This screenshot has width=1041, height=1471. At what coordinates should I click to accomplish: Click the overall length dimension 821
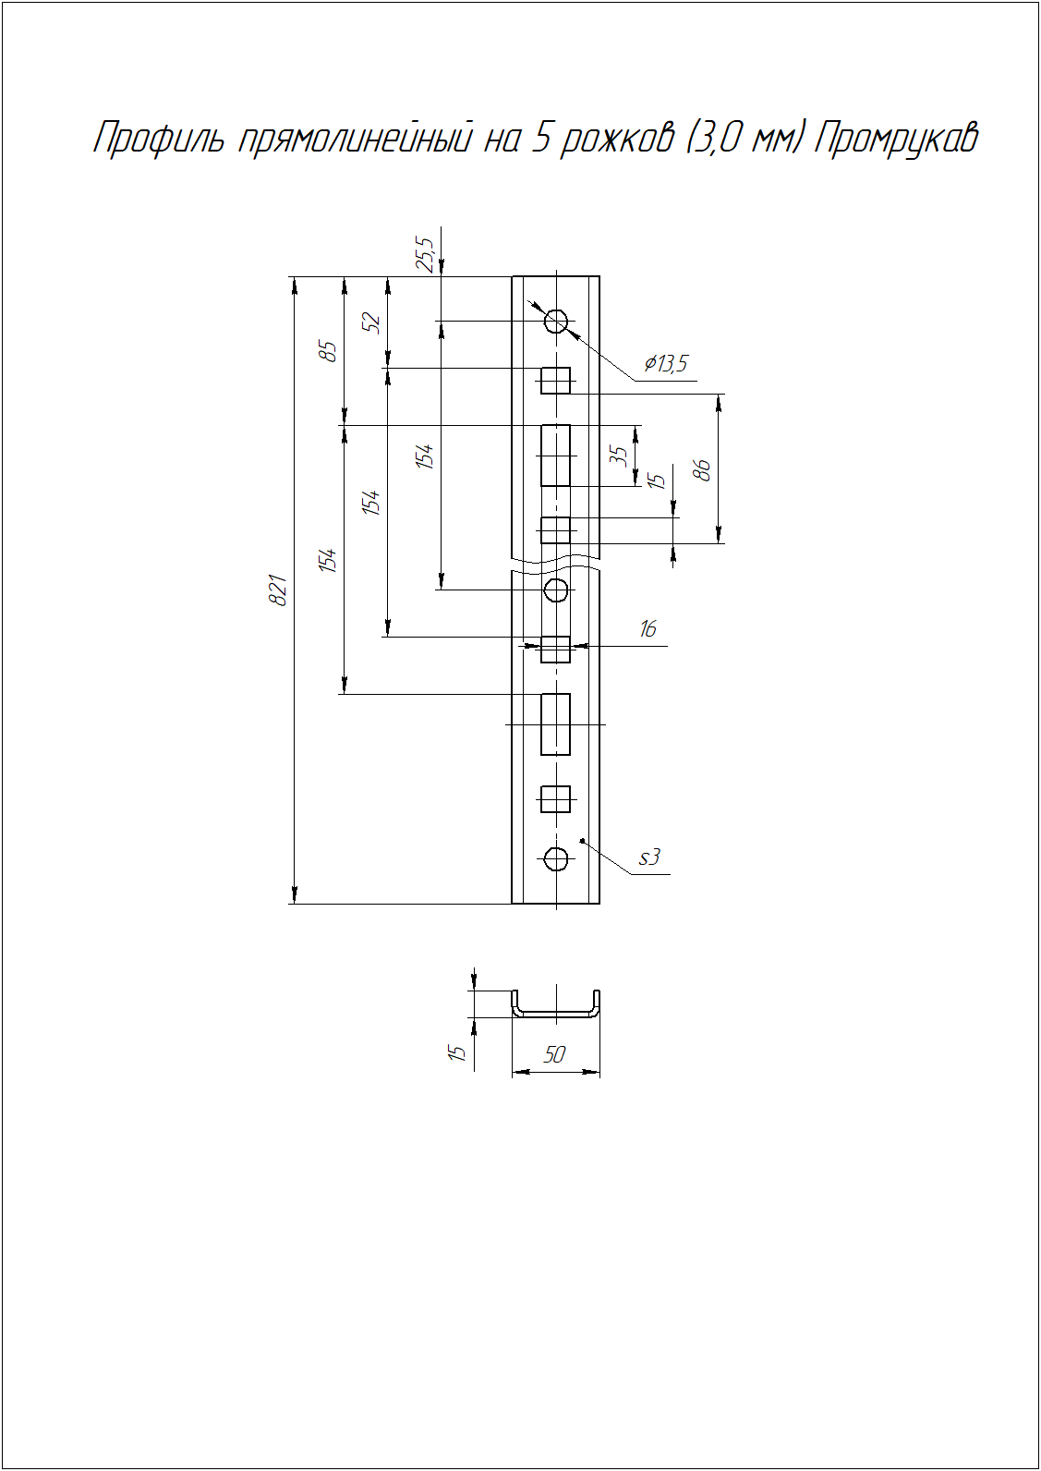tap(279, 590)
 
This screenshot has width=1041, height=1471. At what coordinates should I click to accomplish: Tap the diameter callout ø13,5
tap(666, 364)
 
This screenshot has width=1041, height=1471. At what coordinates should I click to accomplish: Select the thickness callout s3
tap(649, 857)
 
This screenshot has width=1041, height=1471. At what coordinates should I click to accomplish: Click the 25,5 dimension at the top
tap(425, 255)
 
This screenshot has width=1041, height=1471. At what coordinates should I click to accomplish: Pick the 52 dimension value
tap(372, 322)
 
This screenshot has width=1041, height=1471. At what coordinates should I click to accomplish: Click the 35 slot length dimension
tap(618, 456)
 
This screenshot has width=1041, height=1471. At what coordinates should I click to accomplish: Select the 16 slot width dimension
tap(648, 629)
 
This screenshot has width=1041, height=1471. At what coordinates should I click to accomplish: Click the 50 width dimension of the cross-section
tap(554, 1054)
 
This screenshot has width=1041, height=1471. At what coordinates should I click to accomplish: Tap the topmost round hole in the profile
tap(556, 322)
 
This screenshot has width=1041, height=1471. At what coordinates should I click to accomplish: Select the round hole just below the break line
tap(556, 590)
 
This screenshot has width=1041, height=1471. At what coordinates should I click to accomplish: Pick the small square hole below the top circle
tap(555, 381)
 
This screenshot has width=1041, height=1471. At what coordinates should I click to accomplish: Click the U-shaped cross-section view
tap(556, 1016)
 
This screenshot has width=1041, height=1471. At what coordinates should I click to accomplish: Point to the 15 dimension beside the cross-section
tap(456, 1052)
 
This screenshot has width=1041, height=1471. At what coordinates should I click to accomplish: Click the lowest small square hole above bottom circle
tap(555, 799)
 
